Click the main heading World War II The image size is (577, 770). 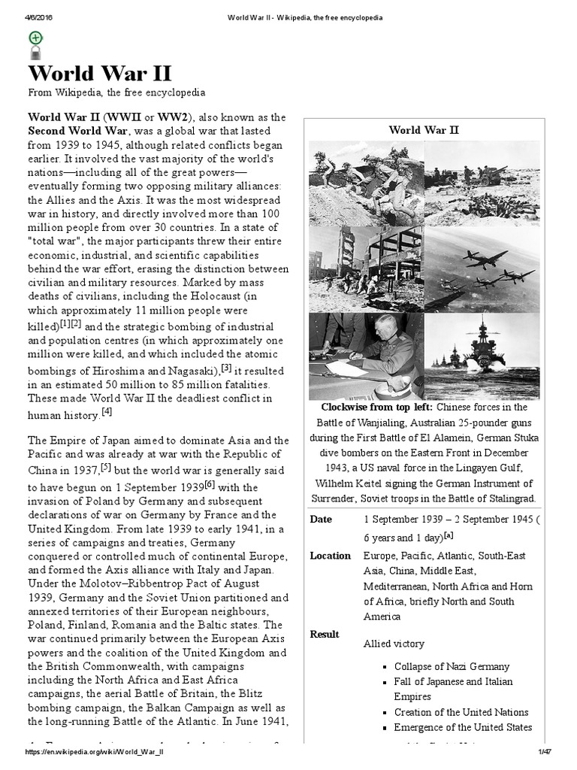pyautogui.click(x=101, y=74)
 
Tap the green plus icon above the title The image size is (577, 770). pyautogui.click(x=35, y=38)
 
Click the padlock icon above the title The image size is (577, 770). pyautogui.click(x=35, y=53)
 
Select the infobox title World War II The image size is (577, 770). pyautogui.click(x=424, y=130)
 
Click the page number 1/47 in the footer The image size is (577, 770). pyautogui.click(x=545, y=753)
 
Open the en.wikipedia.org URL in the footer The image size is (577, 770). pyautogui.click(x=96, y=753)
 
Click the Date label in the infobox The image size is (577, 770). pyautogui.click(x=320, y=520)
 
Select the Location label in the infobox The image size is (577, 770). pyautogui.click(x=330, y=556)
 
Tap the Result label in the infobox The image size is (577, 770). pyautogui.click(x=325, y=634)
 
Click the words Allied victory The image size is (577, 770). pyautogui.click(x=394, y=644)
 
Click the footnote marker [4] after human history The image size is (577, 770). pyautogui.click(x=107, y=412)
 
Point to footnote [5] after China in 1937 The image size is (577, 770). pyautogui.click(x=106, y=468)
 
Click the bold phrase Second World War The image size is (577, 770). pyautogui.click(x=77, y=131)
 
